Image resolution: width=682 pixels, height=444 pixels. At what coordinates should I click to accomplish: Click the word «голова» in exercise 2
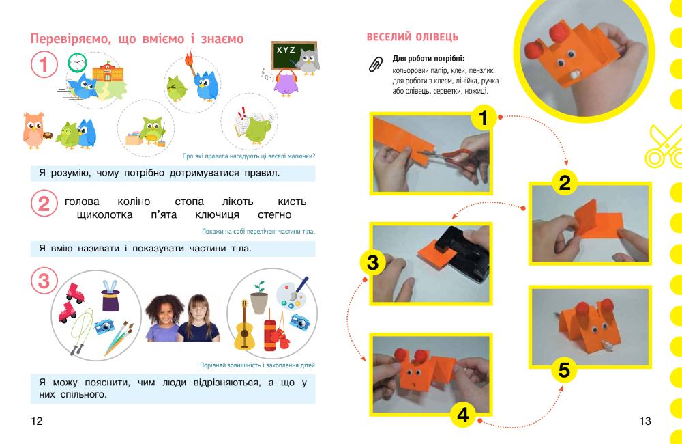pyautogui.click(x=82, y=202)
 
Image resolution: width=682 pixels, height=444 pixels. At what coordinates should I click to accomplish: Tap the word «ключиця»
pyautogui.click(x=217, y=214)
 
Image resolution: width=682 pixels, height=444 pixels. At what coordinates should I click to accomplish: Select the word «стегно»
pyautogui.click(x=274, y=214)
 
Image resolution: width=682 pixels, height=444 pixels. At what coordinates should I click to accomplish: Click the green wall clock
pyautogui.click(x=78, y=63)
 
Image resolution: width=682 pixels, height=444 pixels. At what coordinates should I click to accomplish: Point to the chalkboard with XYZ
pyautogui.click(x=293, y=55)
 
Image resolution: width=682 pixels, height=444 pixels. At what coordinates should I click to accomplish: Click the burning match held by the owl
pyautogui.click(x=190, y=63)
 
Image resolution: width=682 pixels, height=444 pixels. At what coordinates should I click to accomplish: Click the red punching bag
pyautogui.click(x=270, y=335)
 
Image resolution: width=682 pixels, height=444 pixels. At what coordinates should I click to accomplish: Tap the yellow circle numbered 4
pyautogui.click(x=463, y=415)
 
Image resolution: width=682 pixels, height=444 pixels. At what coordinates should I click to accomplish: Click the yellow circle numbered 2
pyautogui.click(x=564, y=182)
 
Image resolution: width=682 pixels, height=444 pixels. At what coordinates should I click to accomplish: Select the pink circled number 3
pyautogui.click(x=44, y=281)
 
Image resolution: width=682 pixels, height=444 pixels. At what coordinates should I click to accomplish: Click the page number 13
pyautogui.click(x=645, y=421)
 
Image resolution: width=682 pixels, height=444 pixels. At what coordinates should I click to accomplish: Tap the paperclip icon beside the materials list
pyautogui.click(x=376, y=64)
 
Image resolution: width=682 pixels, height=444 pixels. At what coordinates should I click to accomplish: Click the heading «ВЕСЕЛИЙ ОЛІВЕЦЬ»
pyautogui.click(x=413, y=37)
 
